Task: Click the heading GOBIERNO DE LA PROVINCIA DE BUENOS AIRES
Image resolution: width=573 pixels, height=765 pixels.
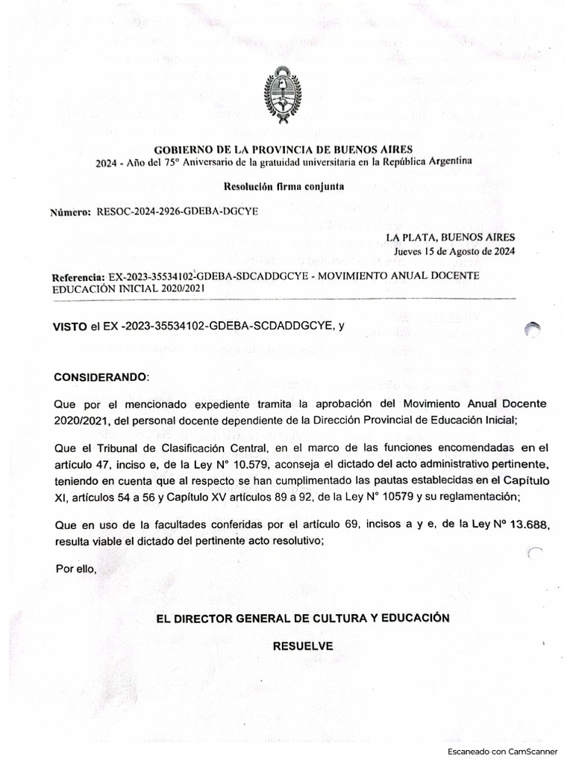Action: (x=283, y=149)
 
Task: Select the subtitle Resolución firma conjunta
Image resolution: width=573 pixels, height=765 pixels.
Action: (x=283, y=185)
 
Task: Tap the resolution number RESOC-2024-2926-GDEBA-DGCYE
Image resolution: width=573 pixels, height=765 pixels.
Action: (x=177, y=211)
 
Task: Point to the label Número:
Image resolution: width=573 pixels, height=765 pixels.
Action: (x=69, y=211)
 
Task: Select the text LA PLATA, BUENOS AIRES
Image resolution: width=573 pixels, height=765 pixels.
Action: (x=450, y=238)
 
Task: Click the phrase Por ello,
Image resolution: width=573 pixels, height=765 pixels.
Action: (x=76, y=569)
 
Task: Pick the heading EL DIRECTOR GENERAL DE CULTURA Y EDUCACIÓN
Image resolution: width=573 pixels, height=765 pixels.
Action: (x=302, y=619)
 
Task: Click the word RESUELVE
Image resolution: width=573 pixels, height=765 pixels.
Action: (x=302, y=646)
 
